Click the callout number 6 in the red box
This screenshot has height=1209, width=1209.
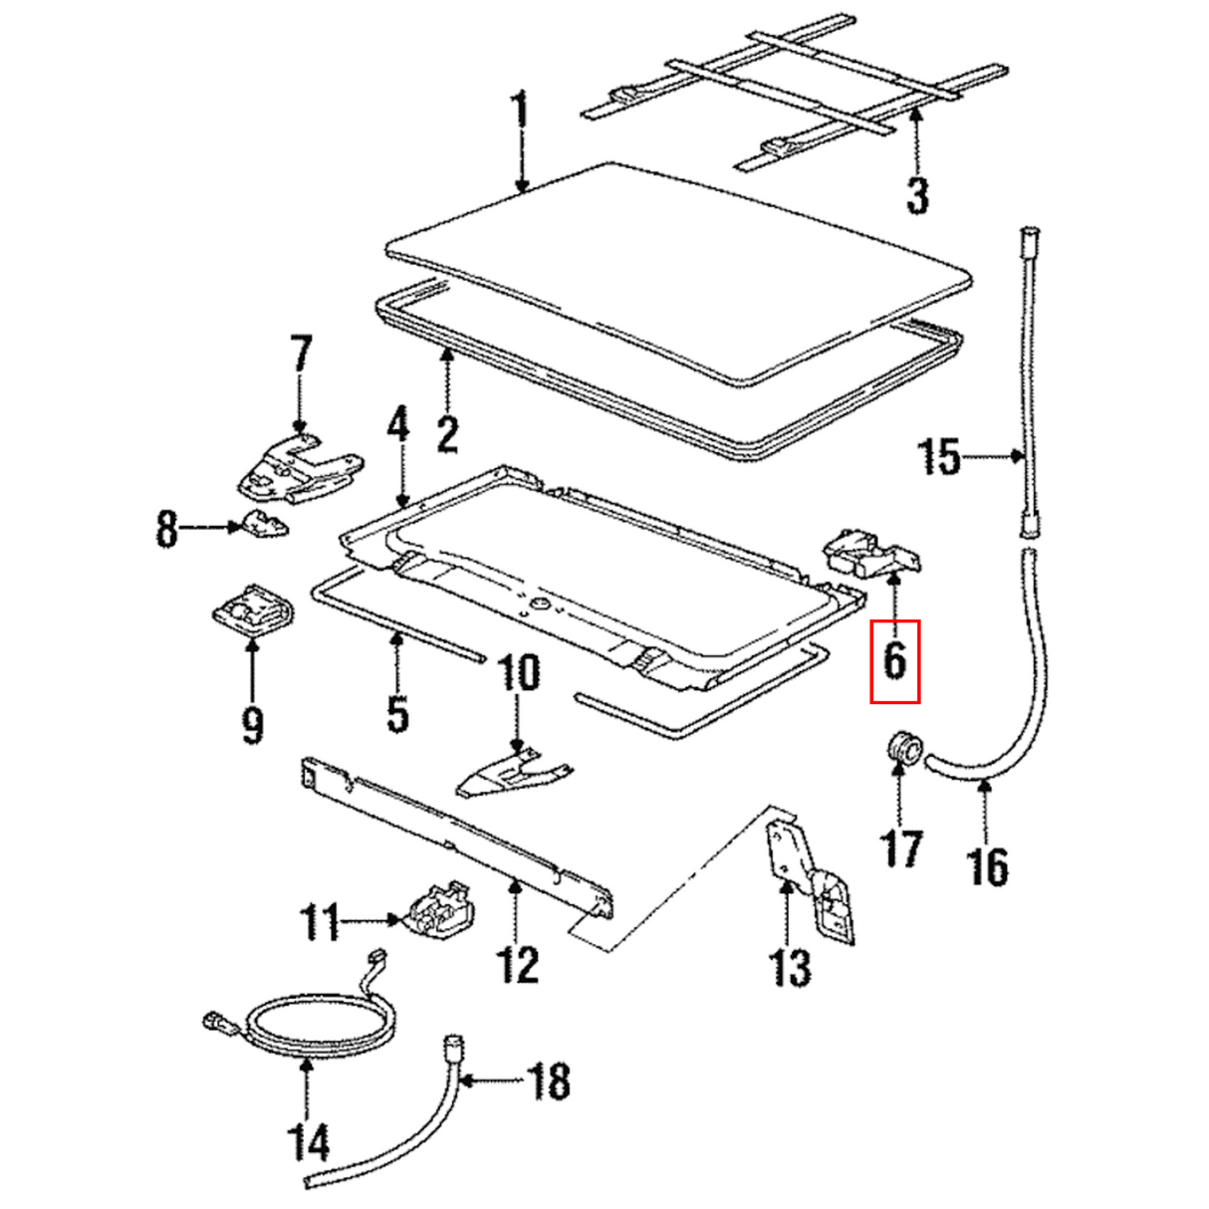coord(894,660)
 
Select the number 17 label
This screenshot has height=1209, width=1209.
coord(900,847)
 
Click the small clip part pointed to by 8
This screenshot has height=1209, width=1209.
coord(262,523)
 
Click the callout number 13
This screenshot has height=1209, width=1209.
coord(790,966)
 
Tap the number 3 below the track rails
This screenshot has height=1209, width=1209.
coord(916,194)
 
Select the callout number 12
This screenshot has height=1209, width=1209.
coord(517,964)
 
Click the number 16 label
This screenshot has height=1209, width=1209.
coord(987,865)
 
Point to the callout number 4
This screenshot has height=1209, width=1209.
coord(397,424)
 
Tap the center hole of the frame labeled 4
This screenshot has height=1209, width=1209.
coord(538,604)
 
